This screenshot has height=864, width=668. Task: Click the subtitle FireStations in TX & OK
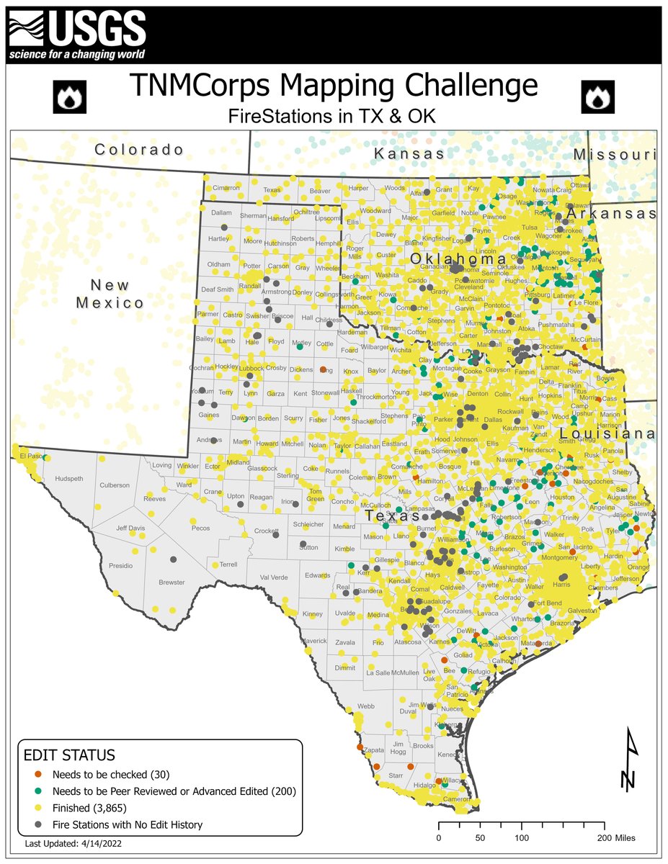(333, 115)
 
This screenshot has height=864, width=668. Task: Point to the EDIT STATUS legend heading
(69, 756)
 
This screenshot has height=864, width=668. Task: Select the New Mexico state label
(110, 293)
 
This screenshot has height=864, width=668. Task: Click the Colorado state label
(140, 150)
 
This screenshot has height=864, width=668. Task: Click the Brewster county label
(172, 582)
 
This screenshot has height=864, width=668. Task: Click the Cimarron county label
(226, 188)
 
